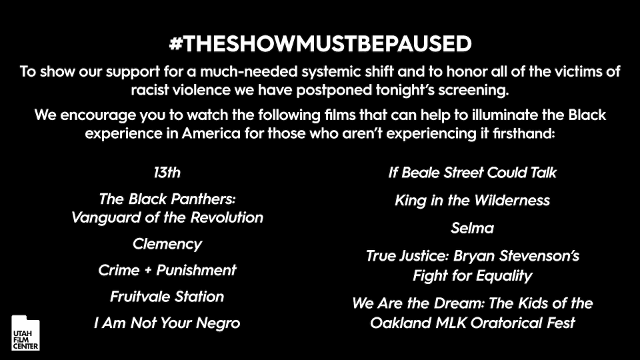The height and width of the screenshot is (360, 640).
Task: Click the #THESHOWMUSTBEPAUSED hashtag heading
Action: point(321,44)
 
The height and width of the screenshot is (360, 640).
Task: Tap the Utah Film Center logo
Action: point(25,333)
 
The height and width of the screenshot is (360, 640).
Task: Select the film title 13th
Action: point(167,173)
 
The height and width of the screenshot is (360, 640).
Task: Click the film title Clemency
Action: point(167,244)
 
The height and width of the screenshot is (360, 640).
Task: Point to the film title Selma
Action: point(472,228)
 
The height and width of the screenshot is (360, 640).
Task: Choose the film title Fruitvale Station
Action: point(167,296)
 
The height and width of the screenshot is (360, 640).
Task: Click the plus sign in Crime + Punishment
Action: point(148,271)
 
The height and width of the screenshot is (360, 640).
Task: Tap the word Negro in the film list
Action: point(217,323)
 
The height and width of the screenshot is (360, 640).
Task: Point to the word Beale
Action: point(421,173)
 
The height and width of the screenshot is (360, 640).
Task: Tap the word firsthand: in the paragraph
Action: point(524,133)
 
